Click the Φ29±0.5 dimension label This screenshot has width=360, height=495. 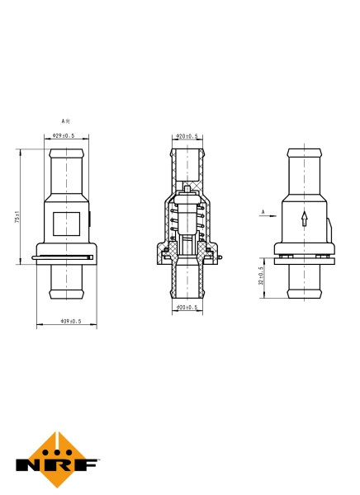tap(64, 135)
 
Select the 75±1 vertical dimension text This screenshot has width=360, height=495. tap(17, 219)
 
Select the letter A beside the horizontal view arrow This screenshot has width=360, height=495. tap(263, 212)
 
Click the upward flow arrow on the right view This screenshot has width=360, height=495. tap(304, 219)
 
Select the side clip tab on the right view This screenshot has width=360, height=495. tap(330, 229)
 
